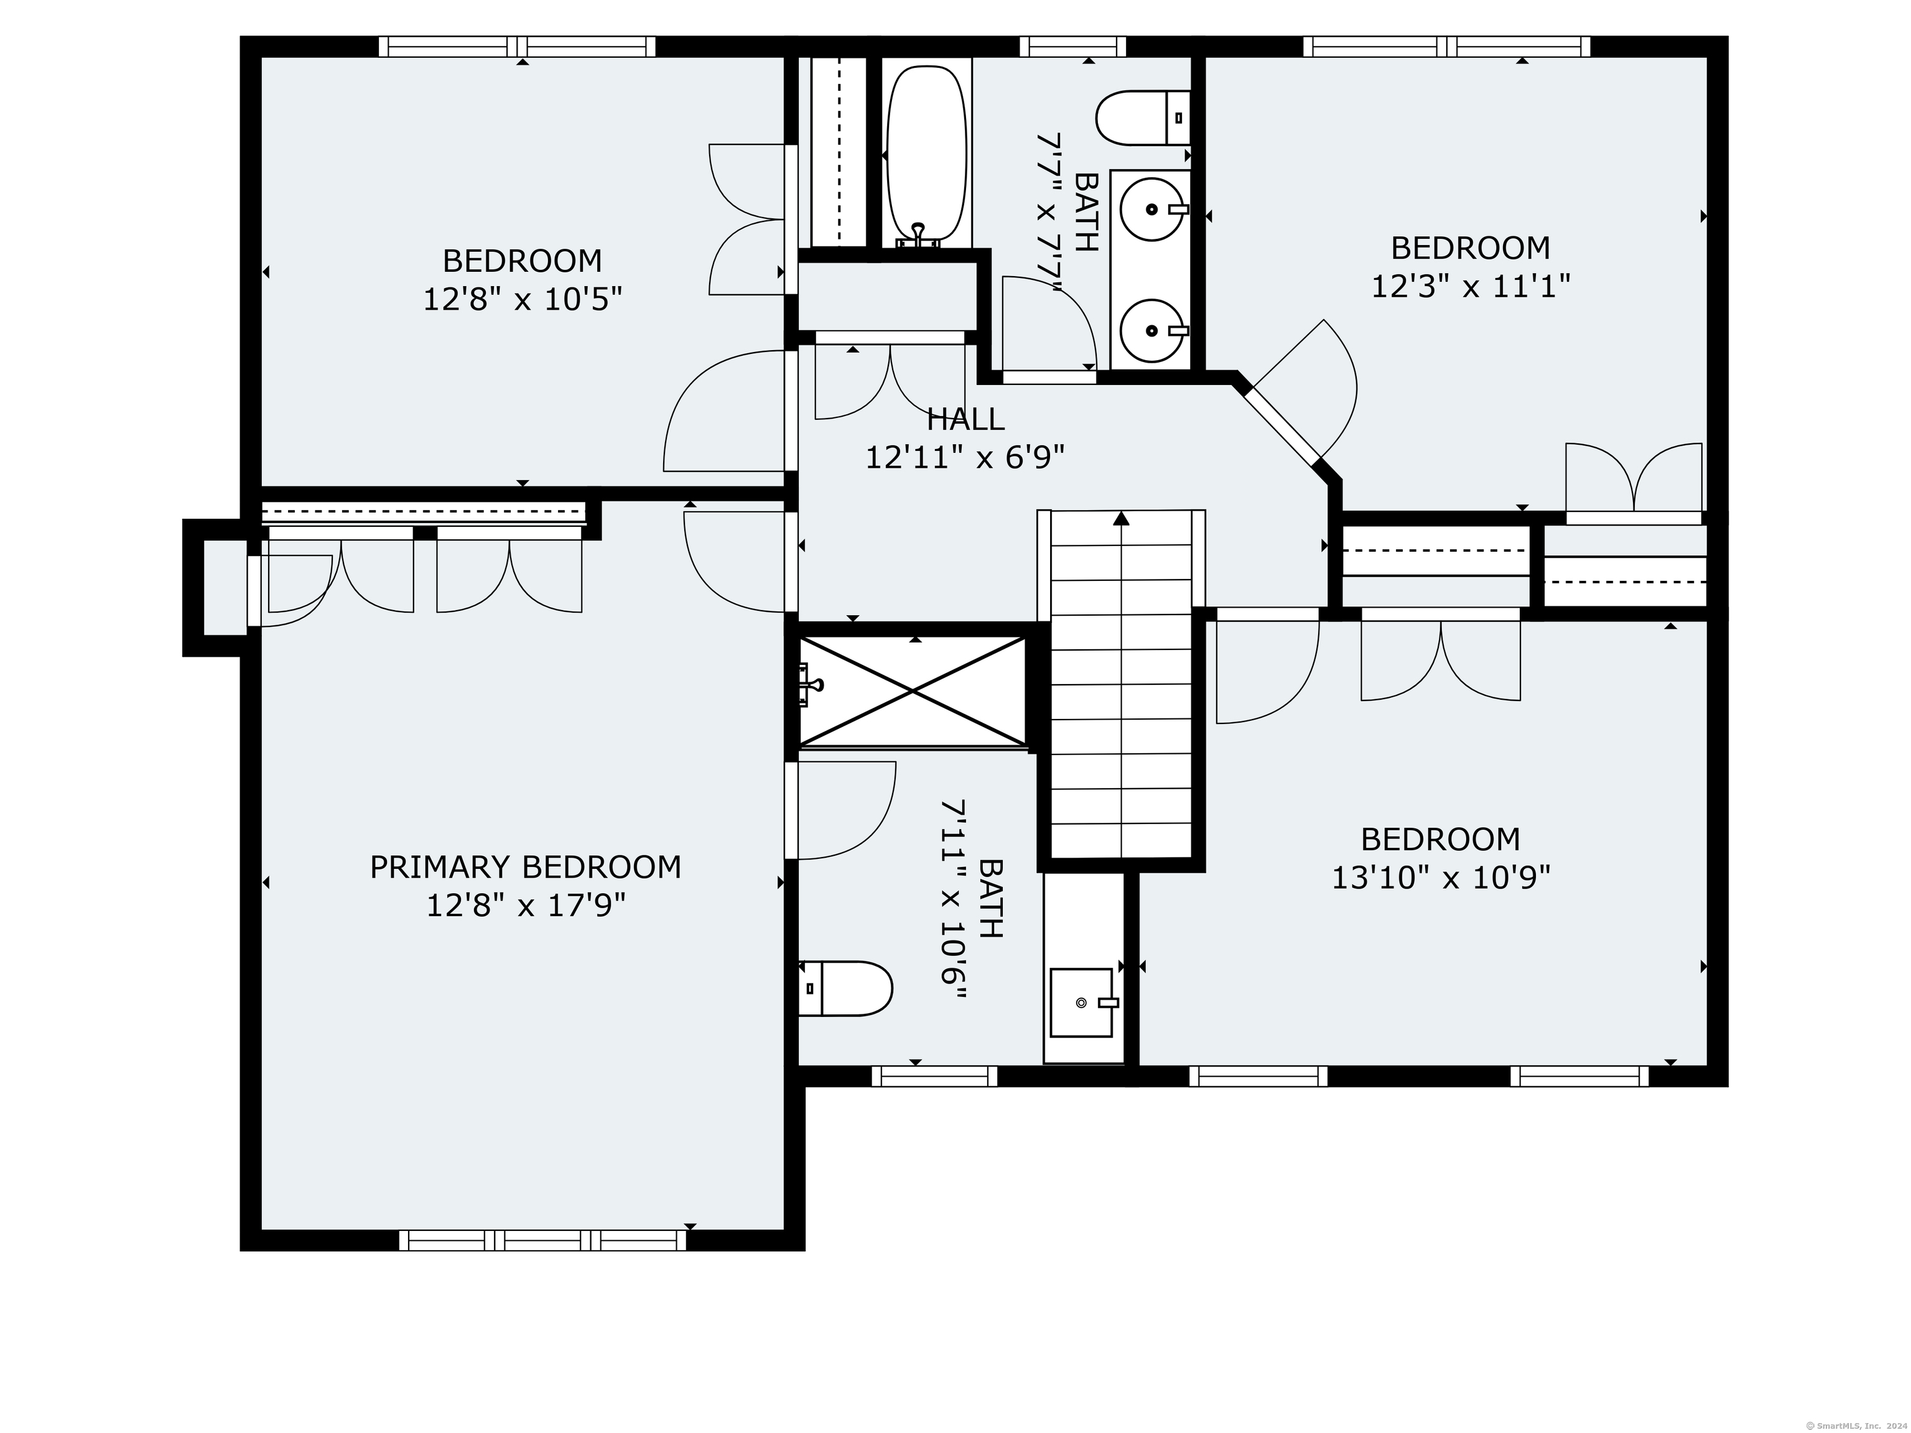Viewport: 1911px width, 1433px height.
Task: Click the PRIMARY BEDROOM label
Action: pyautogui.click(x=525, y=867)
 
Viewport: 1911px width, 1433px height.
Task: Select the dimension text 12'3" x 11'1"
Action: pyautogui.click(x=1471, y=286)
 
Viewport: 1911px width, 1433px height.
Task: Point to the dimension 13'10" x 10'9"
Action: pyautogui.click(x=1440, y=878)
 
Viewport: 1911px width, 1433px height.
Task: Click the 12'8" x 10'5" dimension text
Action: pyautogui.click(x=522, y=299)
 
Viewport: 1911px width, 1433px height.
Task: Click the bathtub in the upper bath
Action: pyautogui.click(x=926, y=154)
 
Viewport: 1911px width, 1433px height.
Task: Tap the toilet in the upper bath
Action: pyautogui.click(x=1143, y=118)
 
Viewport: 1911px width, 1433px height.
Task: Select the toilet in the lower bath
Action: pyautogui.click(x=845, y=988)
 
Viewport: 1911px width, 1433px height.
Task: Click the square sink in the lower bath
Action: pyautogui.click(x=1082, y=1002)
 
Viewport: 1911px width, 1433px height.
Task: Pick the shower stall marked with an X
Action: pyautogui.click(x=913, y=690)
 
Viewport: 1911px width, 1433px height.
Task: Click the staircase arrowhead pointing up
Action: pyautogui.click(x=1122, y=518)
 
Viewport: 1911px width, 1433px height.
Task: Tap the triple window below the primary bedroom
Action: pyautogui.click(x=542, y=1240)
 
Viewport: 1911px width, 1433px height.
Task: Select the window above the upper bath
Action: pyautogui.click(x=1073, y=47)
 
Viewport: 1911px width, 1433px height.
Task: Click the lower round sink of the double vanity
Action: pyautogui.click(x=1151, y=330)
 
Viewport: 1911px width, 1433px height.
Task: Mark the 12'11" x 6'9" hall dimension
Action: pyautogui.click(x=965, y=457)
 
